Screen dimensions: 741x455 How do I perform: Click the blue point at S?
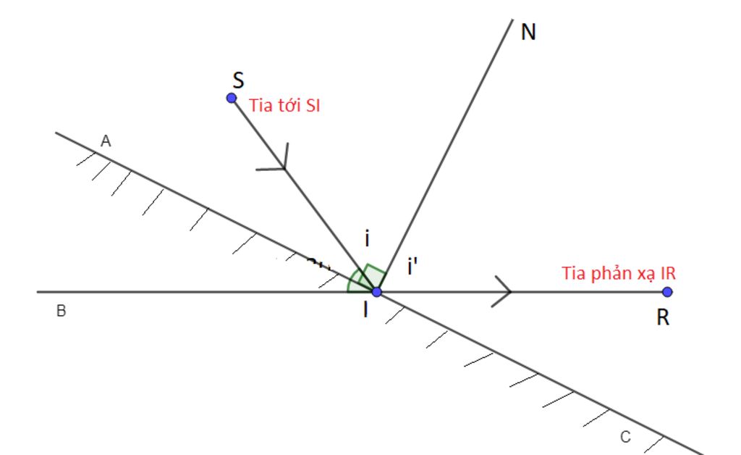point(231,98)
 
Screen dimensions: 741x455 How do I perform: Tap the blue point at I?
point(376,292)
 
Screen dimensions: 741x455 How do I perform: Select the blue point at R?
point(667,292)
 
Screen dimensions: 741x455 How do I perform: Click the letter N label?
point(528,32)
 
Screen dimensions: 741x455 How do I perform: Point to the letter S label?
point(239,80)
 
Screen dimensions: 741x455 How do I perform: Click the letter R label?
point(663,317)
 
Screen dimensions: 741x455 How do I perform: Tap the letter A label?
point(106,141)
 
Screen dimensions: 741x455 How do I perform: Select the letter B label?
point(61,311)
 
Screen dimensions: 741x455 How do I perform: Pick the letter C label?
point(625,437)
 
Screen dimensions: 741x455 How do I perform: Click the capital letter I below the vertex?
point(365,310)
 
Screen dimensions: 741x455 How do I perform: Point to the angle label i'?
point(412,267)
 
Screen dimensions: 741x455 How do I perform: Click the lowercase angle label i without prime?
point(367,239)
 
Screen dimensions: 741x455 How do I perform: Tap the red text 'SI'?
point(313,105)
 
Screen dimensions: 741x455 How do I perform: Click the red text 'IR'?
point(668,273)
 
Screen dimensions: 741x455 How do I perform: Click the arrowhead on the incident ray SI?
point(279,161)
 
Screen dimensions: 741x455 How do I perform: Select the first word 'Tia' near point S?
point(260,105)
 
